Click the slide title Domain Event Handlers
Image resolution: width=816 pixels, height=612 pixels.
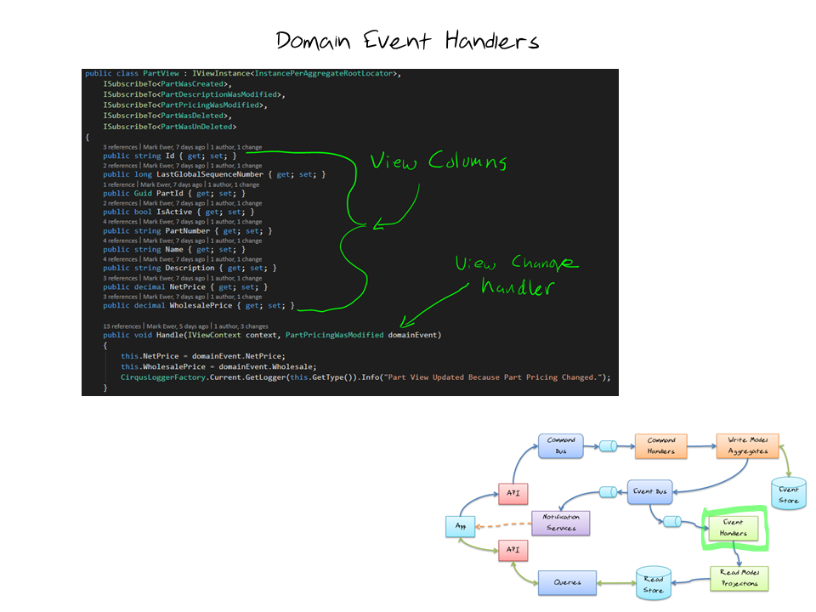(x=407, y=40)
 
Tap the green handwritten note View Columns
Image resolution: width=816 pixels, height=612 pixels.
(x=439, y=161)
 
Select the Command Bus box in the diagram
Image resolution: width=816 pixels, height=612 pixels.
(x=561, y=445)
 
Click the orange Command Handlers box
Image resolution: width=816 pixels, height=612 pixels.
(x=661, y=445)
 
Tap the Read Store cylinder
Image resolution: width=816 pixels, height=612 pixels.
(x=653, y=583)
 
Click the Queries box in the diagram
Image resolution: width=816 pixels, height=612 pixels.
(x=567, y=582)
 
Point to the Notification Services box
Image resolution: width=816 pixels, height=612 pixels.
(x=560, y=522)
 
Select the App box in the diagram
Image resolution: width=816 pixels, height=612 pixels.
(x=459, y=527)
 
